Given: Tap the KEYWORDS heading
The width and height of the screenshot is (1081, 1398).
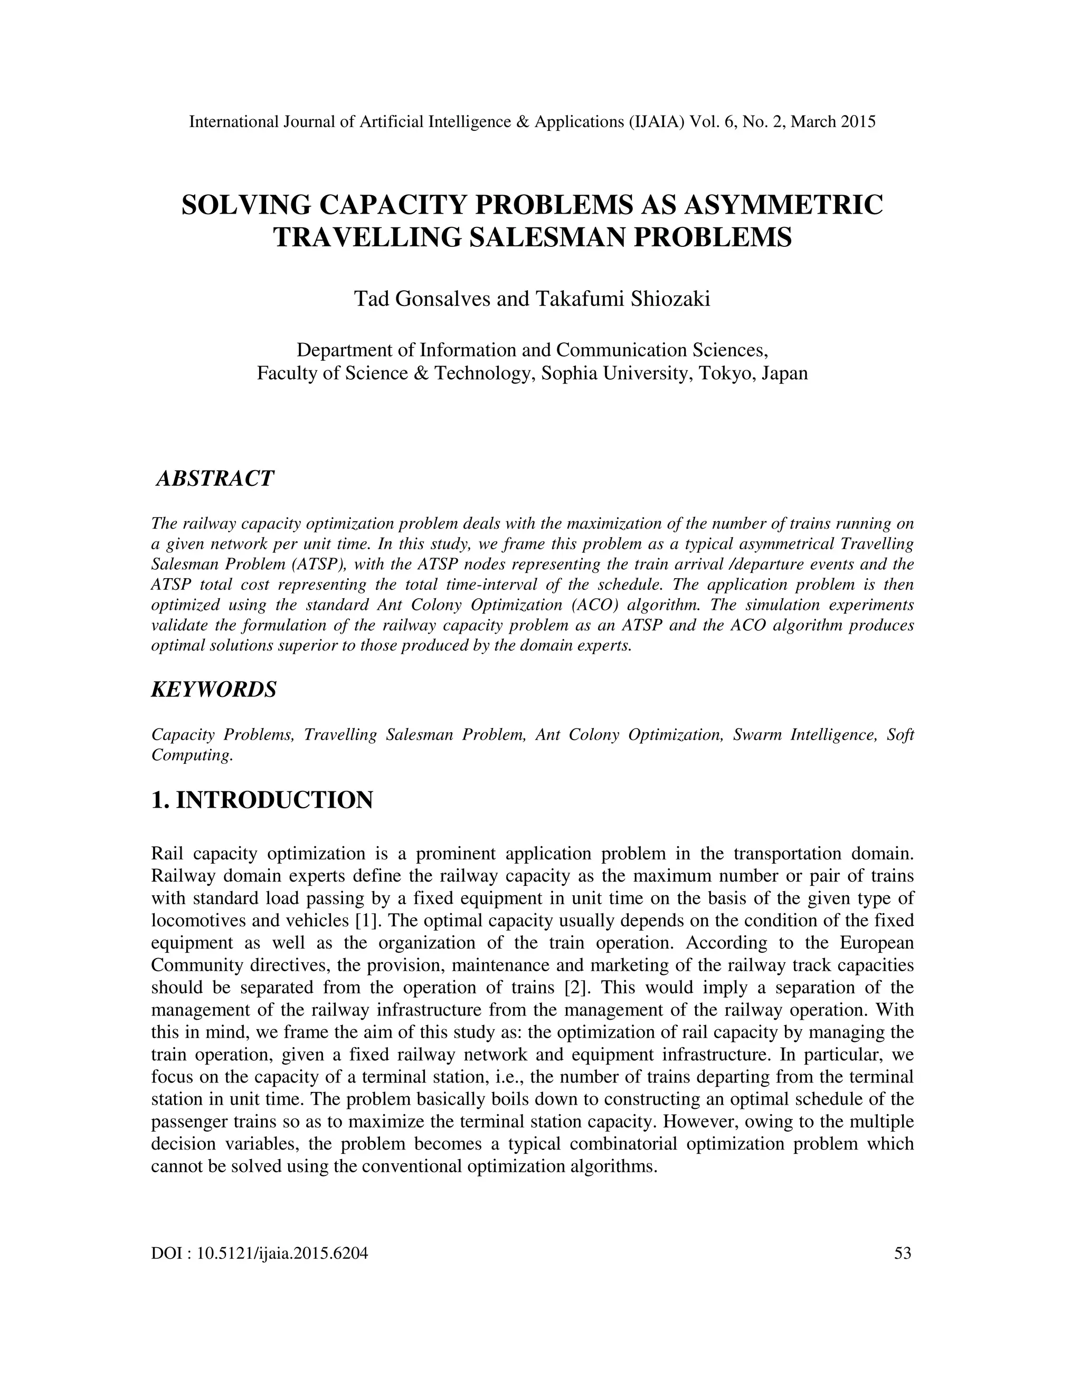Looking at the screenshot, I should pyautogui.click(x=214, y=690).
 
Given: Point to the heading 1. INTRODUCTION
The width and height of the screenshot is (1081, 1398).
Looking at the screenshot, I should pyautogui.click(x=262, y=800).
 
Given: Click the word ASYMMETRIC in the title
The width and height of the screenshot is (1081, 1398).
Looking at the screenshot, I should pyautogui.click(x=784, y=205).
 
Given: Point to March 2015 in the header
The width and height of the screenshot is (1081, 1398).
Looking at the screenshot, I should pyautogui.click(x=832, y=122).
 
